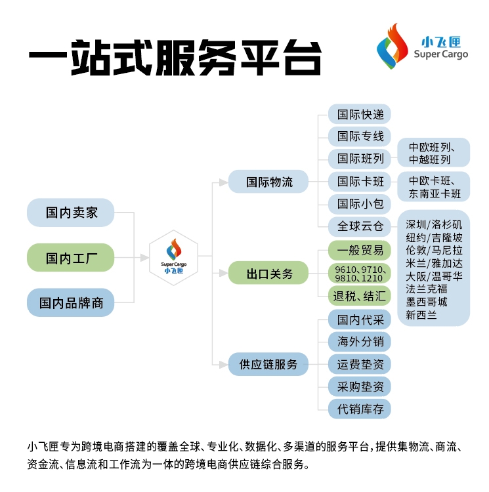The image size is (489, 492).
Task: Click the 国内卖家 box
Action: click(x=71, y=213)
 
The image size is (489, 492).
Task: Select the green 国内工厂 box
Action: click(x=71, y=258)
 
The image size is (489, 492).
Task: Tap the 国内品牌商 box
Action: click(x=71, y=303)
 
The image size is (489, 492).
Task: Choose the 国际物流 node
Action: click(x=269, y=182)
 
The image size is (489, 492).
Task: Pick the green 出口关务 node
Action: click(x=269, y=274)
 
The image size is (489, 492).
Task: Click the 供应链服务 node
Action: click(x=269, y=364)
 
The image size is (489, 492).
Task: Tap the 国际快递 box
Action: click(x=360, y=113)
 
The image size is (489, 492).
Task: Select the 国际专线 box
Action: click(x=360, y=136)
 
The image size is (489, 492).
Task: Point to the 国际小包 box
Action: click(x=360, y=203)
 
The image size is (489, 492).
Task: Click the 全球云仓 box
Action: click(x=360, y=226)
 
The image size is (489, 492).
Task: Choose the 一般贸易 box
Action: click(x=360, y=250)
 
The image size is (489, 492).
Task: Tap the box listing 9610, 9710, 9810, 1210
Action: click(x=360, y=274)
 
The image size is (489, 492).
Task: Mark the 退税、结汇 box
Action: click(x=360, y=296)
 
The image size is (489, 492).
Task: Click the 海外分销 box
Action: click(x=360, y=341)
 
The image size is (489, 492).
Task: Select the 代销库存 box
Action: click(x=360, y=409)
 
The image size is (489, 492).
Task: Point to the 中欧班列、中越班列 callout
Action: click(x=434, y=153)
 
